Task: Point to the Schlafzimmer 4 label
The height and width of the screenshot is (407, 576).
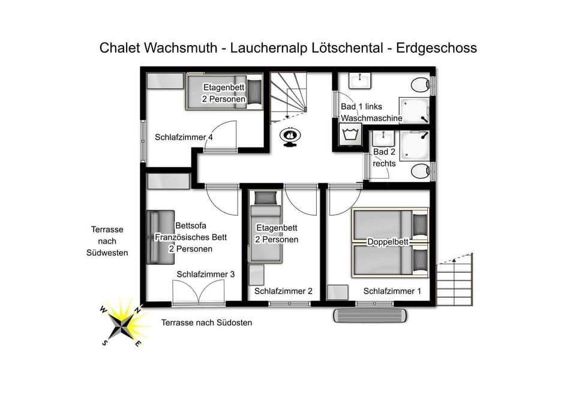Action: [x=184, y=137]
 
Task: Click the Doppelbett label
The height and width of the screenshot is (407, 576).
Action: [x=388, y=242]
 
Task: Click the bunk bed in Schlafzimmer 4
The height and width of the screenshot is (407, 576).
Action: [x=224, y=91]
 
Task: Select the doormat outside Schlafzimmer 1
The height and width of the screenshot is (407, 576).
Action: [x=371, y=315]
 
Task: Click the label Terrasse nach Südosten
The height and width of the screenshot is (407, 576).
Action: [x=206, y=322]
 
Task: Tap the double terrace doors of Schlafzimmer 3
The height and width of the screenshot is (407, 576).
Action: [x=199, y=294]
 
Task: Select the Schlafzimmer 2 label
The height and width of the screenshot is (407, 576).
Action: [x=283, y=291]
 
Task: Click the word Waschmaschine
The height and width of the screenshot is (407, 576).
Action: [x=371, y=118]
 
